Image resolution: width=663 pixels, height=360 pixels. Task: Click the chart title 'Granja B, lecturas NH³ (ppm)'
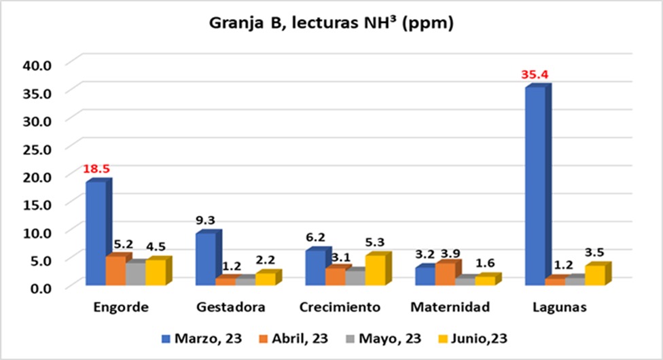tap(331, 24)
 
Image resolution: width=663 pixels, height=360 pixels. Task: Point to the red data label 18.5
tap(96, 168)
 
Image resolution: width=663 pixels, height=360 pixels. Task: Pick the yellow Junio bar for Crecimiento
tap(375, 270)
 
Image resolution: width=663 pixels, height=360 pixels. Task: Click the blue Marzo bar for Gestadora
tap(205, 259)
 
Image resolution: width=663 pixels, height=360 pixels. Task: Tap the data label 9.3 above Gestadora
tap(205, 220)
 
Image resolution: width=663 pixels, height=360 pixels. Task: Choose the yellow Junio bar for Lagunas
tap(595, 275)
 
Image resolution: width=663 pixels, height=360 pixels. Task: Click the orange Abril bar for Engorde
tap(115, 270)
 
